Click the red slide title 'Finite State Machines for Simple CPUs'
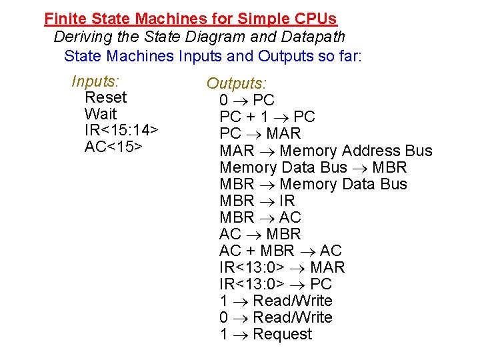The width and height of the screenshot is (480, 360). pos(190,19)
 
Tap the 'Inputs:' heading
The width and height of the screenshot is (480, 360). pos(95,81)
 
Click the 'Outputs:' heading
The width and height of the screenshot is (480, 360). pos(236,83)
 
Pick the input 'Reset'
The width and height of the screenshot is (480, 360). pos(105,97)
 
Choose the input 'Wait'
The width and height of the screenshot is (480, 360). pos(101,114)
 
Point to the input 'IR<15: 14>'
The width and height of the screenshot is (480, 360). pos(121,130)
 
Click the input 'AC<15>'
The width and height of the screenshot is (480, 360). pos(113,147)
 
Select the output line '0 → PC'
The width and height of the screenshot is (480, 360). pos(247,101)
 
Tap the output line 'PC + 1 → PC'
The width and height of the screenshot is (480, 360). pos(267,117)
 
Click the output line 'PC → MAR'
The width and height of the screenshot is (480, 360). pos(260,134)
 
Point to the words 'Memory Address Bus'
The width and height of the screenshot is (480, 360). pos(356,151)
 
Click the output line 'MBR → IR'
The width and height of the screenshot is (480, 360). pos(257,201)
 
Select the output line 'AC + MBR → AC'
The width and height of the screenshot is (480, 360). pos(280,251)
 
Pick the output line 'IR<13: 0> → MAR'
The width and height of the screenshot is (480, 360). pos(282,267)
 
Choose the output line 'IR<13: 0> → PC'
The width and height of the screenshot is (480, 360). pos(275,284)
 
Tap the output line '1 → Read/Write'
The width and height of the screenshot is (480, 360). pos(275,301)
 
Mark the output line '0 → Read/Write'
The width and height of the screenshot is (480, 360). pos(275,317)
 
